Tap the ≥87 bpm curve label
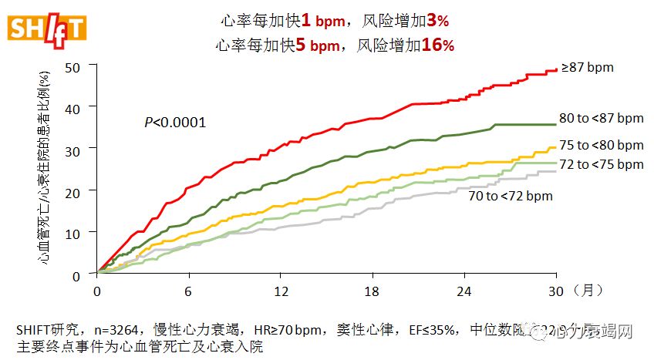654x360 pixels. coord(587,68)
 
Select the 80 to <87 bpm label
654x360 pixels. coord(601,118)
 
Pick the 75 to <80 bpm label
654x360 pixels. coord(601,145)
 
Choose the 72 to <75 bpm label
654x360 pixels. coord(601,164)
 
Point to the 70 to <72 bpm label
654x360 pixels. coord(511,196)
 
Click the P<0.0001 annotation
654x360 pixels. coord(175,122)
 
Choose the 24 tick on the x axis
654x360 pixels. coord(465,291)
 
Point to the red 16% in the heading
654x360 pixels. coord(438,45)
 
